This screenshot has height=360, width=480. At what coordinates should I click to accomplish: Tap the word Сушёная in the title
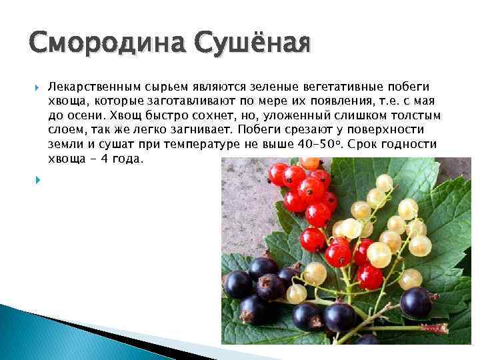[253, 45]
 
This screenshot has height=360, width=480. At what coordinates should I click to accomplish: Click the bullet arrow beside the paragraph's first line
[37, 87]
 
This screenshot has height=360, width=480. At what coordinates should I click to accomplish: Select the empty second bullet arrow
[37, 179]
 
